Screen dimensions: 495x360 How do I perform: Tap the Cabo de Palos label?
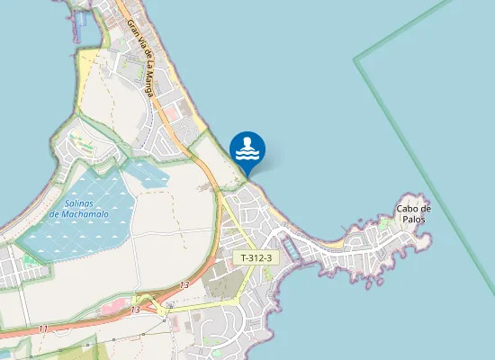[x=413, y=213]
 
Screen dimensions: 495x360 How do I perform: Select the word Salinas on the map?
[x=80, y=202]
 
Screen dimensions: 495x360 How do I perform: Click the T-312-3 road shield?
[x=256, y=258]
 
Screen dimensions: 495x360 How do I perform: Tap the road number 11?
[x=42, y=328]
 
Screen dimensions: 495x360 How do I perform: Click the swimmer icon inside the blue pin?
[x=247, y=147]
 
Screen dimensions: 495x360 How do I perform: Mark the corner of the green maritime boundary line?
[x=356, y=60]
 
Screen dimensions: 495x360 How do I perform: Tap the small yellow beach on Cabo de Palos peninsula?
[x=335, y=242]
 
